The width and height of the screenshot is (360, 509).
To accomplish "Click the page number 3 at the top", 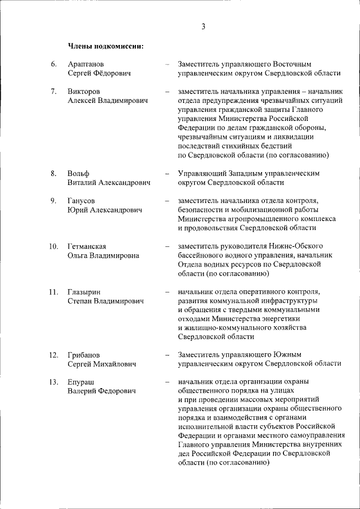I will click(203, 26).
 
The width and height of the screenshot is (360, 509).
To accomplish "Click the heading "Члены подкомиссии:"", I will click(106, 46).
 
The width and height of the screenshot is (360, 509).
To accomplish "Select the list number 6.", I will click(53, 64).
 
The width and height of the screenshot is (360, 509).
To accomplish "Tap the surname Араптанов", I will click(85, 64).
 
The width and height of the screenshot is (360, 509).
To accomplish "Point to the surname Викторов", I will click(84, 91).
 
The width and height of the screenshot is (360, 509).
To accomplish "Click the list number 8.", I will click(53, 173).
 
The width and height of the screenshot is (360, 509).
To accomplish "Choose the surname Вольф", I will click(78, 173).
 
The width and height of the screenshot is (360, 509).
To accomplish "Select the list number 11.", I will click(53, 292).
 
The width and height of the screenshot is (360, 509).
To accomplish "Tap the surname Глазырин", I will click(85, 292).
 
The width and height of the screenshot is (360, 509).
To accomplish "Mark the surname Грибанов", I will click(84, 355).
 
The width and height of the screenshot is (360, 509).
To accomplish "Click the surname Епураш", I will click(82, 382).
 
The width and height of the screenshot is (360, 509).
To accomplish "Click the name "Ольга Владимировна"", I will click(103, 255).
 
